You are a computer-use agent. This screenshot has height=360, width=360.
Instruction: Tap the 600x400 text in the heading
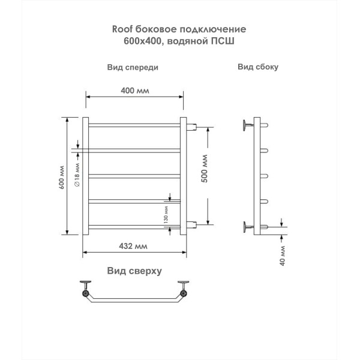[135, 40]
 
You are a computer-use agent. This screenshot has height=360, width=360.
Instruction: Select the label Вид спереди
[133, 67]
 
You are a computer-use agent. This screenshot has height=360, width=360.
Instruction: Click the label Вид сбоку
[257, 67]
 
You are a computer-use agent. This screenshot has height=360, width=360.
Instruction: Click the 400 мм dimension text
[134, 91]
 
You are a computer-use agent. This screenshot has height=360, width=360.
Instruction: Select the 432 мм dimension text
[133, 246]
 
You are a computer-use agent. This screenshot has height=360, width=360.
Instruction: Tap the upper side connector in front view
[192, 127]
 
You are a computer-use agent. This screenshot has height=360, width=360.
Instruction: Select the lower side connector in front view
[192, 225]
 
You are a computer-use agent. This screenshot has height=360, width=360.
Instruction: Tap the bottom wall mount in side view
[246, 226]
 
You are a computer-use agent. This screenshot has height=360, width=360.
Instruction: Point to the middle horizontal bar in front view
[134, 175]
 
